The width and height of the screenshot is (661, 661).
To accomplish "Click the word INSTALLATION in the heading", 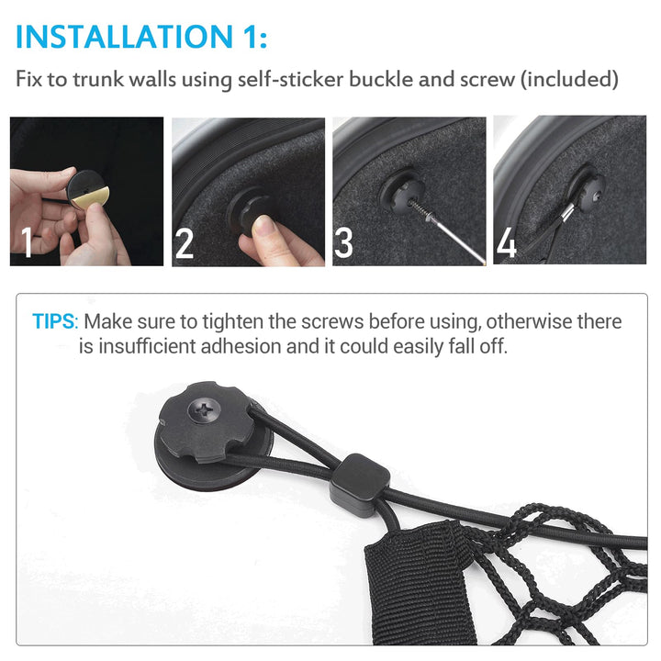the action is click(124, 37).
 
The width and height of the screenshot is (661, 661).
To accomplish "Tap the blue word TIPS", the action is click(53, 321).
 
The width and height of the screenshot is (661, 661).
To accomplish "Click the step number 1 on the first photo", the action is click(27, 241).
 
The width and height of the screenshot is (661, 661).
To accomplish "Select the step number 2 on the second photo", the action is click(185, 243).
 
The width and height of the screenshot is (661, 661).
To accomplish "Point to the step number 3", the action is click(343, 242).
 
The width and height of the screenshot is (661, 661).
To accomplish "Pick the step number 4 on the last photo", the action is click(507, 242).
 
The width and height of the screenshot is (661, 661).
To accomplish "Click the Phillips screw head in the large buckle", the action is click(205, 409).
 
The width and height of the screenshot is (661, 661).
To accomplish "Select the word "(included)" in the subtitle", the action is click(569, 79).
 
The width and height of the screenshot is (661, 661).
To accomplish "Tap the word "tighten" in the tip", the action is click(232, 322).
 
